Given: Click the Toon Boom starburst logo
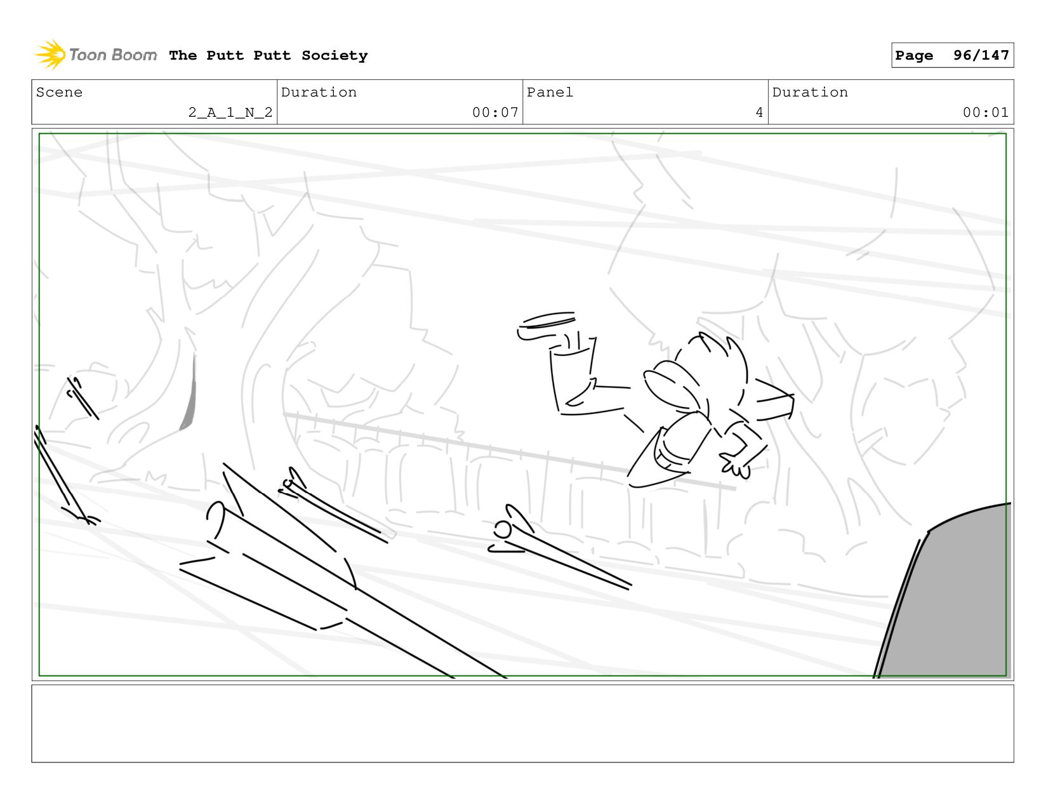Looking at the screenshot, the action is (51, 55).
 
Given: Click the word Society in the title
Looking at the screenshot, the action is (334, 56).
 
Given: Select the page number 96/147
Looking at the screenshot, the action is (981, 55).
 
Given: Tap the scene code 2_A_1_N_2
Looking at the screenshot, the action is (230, 112).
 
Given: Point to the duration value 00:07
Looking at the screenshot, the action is (495, 112).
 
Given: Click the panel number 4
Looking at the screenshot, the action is (759, 112).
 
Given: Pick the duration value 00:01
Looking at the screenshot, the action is (986, 112).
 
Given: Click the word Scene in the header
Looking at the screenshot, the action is (59, 93).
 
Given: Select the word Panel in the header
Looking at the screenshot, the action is (550, 93).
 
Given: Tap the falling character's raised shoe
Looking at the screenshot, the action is (546, 326).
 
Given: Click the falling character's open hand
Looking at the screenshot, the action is (735, 465).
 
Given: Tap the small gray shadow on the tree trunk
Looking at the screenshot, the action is (189, 395).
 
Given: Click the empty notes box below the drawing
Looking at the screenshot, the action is (523, 724).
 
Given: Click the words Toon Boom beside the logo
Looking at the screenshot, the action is (113, 55).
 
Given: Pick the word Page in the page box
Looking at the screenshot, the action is (914, 56).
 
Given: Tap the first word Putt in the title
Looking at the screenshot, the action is (225, 55).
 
